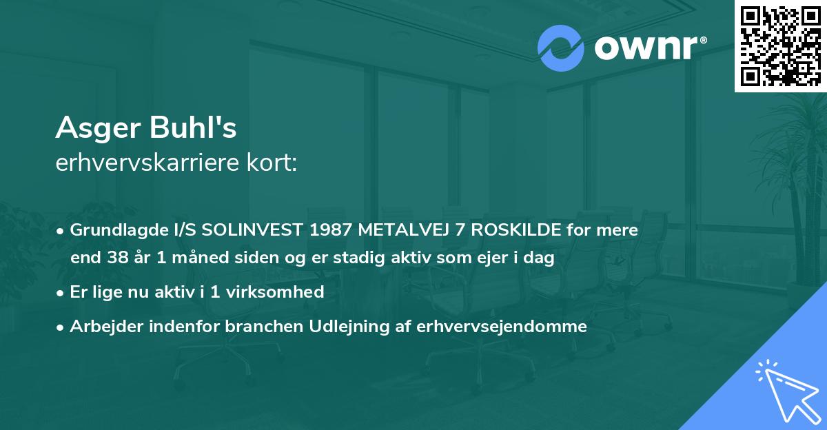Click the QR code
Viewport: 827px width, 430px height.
click(780, 46)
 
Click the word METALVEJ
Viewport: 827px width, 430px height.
click(408, 229)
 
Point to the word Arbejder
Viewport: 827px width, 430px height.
click(103, 327)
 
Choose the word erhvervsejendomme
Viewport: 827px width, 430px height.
click(502, 327)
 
